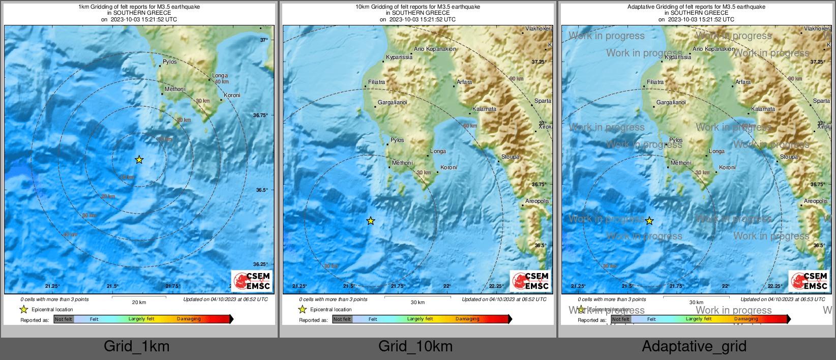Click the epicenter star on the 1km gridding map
(x=139, y=160)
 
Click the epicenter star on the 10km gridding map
(x=371, y=221)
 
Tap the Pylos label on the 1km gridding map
(x=170, y=62)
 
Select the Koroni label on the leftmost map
(x=232, y=95)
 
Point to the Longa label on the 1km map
(x=220, y=75)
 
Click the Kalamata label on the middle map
(x=484, y=109)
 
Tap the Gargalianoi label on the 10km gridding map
(x=392, y=102)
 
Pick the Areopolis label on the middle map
(x=537, y=201)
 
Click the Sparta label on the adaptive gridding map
(x=821, y=101)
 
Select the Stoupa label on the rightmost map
(x=789, y=157)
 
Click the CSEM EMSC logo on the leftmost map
(x=252, y=281)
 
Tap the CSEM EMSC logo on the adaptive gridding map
(x=809, y=281)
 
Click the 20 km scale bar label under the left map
(x=139, y=302)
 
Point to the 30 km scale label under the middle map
(x=417, y=302)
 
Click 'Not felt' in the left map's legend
(x=64, y=319)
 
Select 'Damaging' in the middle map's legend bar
(x=467, y=319)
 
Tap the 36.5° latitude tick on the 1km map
(x=262, y=190)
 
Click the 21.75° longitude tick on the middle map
(x=398, y=286)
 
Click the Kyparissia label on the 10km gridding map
(x=399, y=57)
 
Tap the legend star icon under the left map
(x=23, y=309)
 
